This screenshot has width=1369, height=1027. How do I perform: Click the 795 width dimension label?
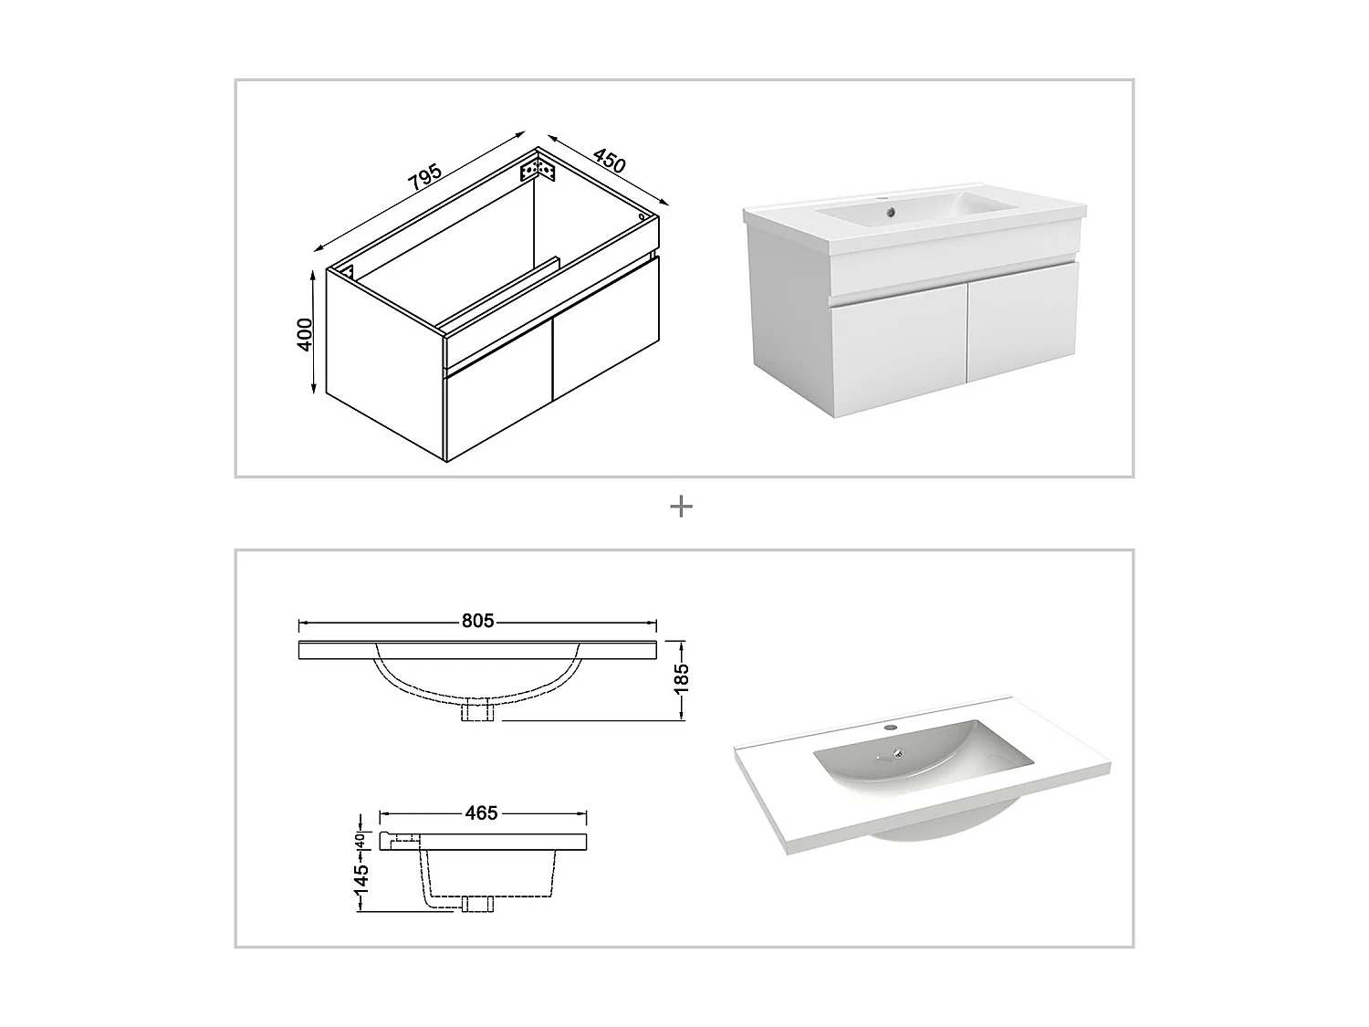tap(424, 178)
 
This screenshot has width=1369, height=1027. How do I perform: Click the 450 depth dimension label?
tap(609, 160)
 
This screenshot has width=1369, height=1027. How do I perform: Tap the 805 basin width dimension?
tap(476, 622)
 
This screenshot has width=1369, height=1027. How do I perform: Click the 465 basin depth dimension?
tap(481, 812)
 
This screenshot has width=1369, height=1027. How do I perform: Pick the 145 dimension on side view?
tap(361, 877)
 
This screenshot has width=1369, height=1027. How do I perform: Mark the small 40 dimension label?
tap(361, 840)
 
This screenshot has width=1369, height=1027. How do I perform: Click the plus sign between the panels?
tap(681, 507)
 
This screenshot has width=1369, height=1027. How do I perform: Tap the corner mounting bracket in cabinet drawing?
tap(538, 171)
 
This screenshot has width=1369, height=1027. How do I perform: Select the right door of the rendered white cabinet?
tap(1022, 320)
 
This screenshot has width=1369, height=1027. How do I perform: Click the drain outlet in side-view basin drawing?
tap(478, 904)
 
